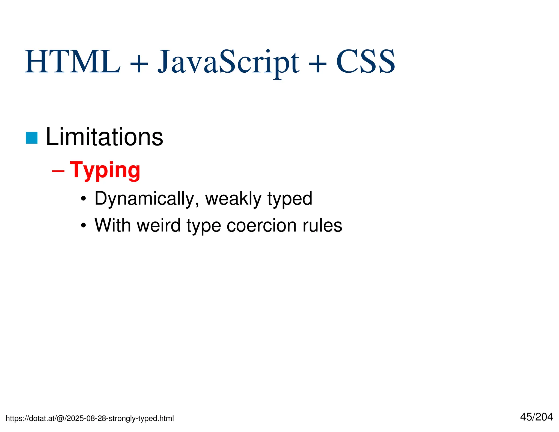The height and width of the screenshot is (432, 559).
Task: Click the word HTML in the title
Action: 72,62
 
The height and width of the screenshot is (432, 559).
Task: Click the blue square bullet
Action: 32,138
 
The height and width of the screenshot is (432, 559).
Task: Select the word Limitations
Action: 104,137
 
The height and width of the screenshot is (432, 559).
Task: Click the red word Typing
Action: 105,170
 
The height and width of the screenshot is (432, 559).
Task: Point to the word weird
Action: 159,225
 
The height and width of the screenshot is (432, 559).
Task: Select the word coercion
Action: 261,226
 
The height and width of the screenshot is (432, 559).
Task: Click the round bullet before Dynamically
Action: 83,199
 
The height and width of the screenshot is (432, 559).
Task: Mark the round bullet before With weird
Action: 83,226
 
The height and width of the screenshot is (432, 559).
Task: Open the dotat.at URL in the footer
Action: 90,418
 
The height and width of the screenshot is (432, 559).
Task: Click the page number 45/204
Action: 536,417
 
